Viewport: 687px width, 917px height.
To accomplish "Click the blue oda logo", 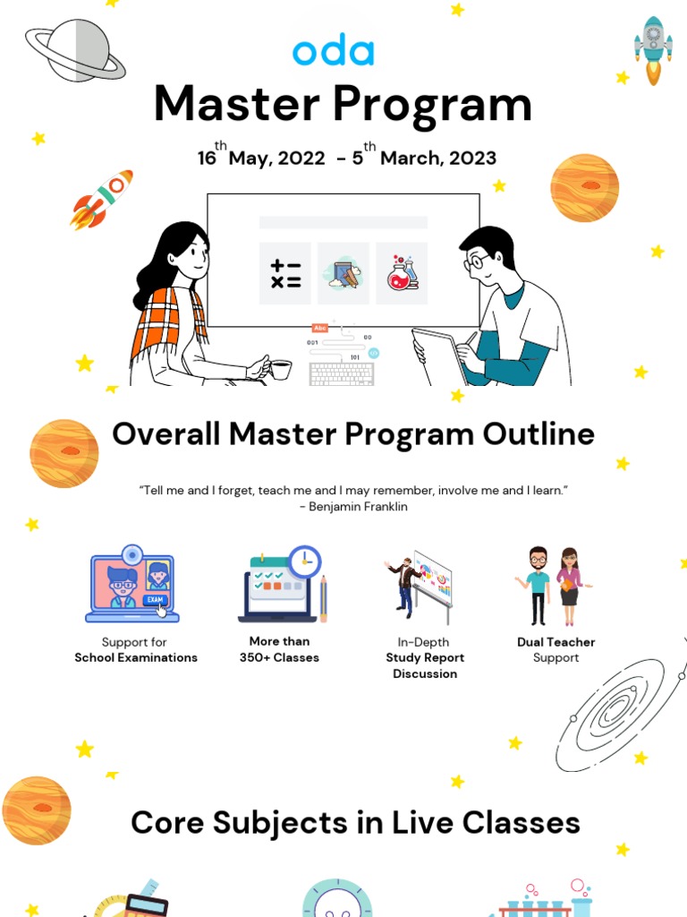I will [x=333, y=51].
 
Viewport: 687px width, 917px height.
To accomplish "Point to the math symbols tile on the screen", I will [x=285, y=273].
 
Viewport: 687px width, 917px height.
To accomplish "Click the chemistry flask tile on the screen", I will [x=402, y=273].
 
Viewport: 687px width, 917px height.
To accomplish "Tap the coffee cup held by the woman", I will [x=279, y=368].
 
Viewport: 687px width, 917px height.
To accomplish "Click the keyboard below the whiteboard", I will [x=342, y=374].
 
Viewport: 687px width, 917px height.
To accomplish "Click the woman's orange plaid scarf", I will [x=170, y=322].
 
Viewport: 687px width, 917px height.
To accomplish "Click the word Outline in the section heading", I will [x=539, y=434].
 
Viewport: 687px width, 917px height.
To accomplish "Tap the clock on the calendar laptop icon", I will [x=305, y=561].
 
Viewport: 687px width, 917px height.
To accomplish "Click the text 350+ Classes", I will [x=279, y=657].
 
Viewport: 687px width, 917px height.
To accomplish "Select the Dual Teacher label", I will [x=556, y=642].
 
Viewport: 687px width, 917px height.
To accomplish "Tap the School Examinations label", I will [x=136, y=657].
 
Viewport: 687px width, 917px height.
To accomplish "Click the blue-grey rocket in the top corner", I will [x=653, y=49].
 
